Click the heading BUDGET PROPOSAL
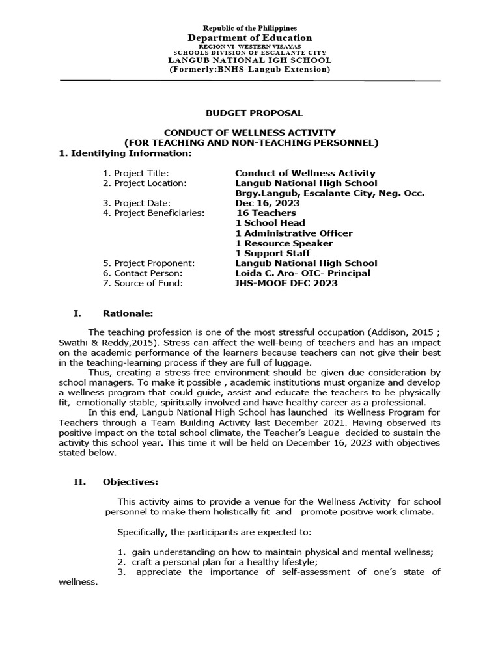[x=249, y=113]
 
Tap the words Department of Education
[x=250, y=38]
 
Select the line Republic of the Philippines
[x=250, y=29]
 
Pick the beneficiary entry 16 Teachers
[x=266, y=213]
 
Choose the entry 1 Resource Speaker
[x=284, y=243]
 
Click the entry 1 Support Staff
[x=273, y=253]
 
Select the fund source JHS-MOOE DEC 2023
[x=286, y=283]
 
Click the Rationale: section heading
[x=128, y=313]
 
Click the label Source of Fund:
[x=148, y=283]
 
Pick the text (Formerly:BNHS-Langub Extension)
[x=250, y=68]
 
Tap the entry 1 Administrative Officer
[x=294, y=233]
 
